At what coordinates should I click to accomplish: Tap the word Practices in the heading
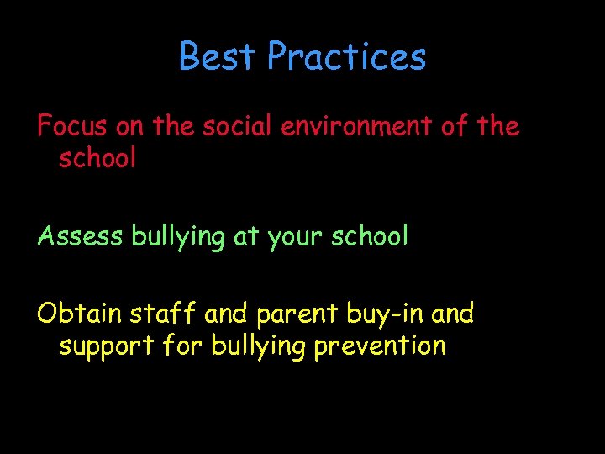(x=347, y=57)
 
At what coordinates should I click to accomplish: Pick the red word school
(x=97, y=157)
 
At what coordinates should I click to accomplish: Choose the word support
(x=103, y=346)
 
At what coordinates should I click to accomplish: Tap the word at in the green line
(x=246, y=237)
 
